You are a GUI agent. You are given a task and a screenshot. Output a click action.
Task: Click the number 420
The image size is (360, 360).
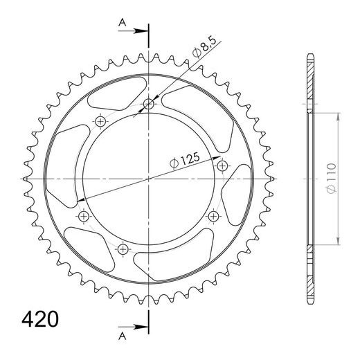pos(38,320)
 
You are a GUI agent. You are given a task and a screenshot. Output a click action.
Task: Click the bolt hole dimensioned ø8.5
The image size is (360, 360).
pos(149,105)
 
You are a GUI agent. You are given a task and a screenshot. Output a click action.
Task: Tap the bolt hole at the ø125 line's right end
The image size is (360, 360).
pos(222,165)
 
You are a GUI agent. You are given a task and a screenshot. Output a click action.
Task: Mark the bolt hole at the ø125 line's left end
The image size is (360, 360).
pos(84,217)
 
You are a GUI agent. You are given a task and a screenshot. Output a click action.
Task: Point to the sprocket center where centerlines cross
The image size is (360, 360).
pos(149,179)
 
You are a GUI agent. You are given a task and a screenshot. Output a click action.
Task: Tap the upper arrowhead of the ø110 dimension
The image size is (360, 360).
pos(337,117)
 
